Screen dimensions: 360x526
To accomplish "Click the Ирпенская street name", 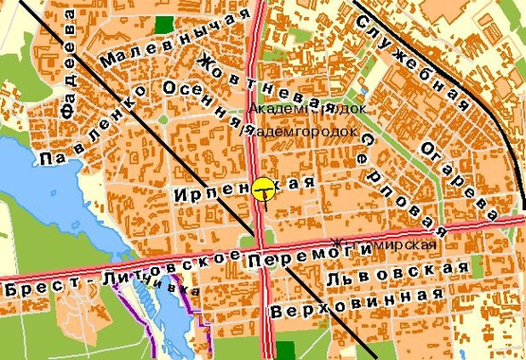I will pyautogui.click(x=243, y=189).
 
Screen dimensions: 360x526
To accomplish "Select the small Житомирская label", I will pyautogui.click(x=385, y=245).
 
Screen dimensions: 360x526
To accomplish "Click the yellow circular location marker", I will pyautogui.click(x=263, y=189).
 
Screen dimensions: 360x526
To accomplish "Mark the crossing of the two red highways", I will pyautogui.click(x=261, y=258).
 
